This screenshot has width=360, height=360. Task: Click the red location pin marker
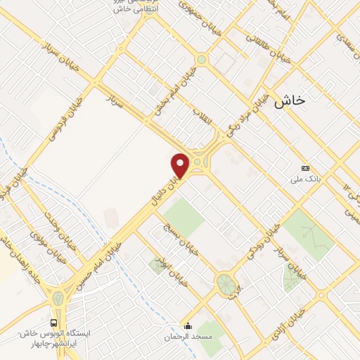click(181, 166)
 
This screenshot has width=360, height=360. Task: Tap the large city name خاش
click(290, 101)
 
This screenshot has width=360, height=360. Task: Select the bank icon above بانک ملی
click(305, 169)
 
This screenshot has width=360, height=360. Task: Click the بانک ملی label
click(306, 179)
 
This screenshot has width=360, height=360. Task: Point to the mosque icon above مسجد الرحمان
click(188, 325)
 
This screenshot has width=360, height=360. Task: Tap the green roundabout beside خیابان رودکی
click(225, 284)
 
